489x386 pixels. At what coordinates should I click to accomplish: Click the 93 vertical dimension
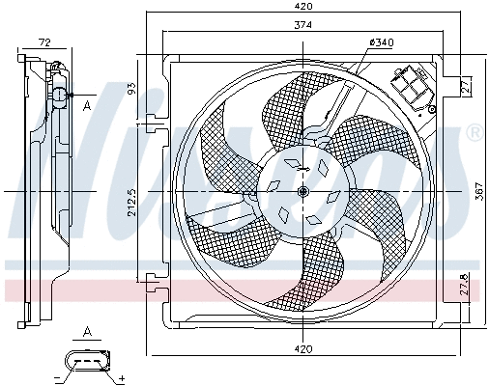pyautogui.click(x=132, y=89)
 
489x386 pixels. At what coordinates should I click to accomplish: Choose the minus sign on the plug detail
pyautogui.click(x=58, y=377)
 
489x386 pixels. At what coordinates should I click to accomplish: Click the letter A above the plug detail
pyautogui.click(x=87, y=333)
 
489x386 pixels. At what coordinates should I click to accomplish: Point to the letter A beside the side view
pyautogui.click(x=87, y=105)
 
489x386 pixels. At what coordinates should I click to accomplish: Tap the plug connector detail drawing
pyautogui.click(x=90, y=364)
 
